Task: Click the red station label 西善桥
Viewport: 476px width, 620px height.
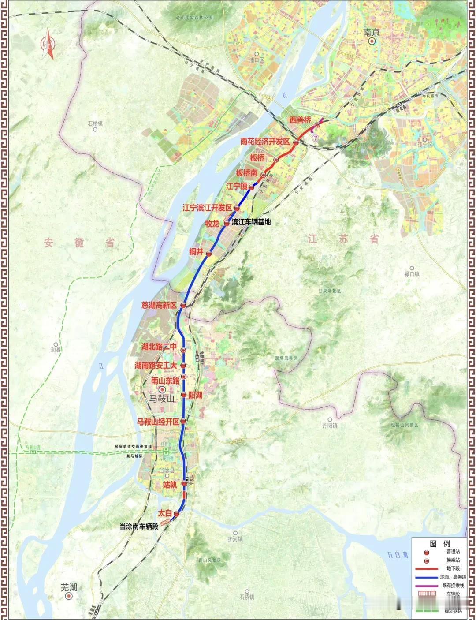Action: [x=300, y=120]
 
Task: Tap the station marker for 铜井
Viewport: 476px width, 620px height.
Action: [x=209, y=254]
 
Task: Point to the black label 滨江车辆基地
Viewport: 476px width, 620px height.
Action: [x=251, y=222]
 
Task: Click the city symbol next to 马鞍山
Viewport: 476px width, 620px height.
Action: [x=162, y=389]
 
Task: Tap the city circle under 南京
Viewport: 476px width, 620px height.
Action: [x=372, y=41]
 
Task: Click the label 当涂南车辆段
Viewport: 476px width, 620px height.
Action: [x=139, y=527]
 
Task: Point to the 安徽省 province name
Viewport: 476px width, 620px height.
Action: [x=80, y=242]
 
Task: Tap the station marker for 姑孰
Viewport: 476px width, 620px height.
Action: [x=184, y=484]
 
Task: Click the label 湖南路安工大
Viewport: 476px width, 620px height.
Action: [x=156, y=365]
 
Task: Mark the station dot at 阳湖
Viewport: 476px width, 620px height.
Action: [x=184, y=395]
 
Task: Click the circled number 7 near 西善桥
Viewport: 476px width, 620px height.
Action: [x=315, y=138]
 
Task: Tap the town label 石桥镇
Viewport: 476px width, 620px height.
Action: [x=95, y=124]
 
